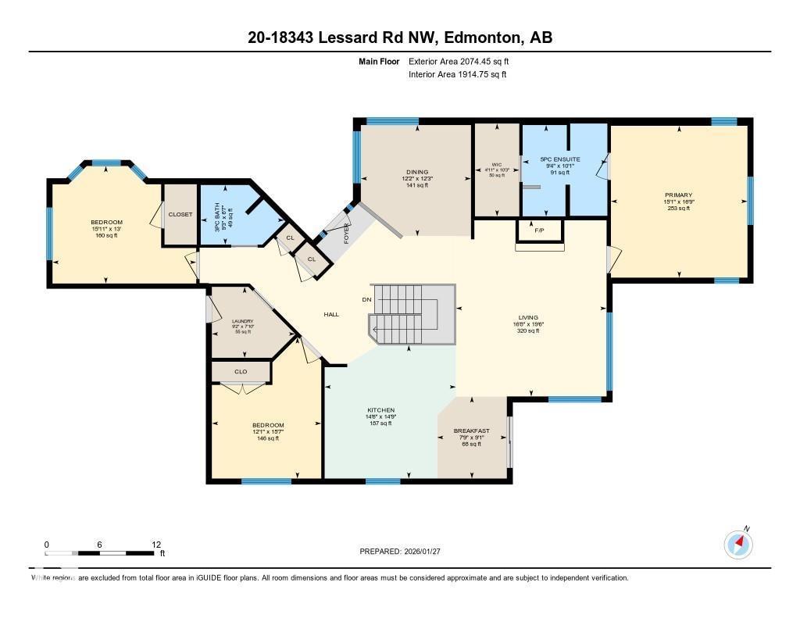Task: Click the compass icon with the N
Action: [x=738, y=544]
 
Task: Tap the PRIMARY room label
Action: [x=678, y=195]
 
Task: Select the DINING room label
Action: [x=417, y=172]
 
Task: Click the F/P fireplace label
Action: [x=539, y=231]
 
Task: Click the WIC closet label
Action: [x=497, y=164]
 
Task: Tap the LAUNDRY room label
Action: [x=242, y=320]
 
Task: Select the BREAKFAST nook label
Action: [x=472, y=430]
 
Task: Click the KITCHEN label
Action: [x=381, y=410]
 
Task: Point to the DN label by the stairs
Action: [x=366, y=299]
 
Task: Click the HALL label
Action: [x=331, y=314]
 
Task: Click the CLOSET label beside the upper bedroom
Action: [x=180, y=214]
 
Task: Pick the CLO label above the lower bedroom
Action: [x=241, y=371]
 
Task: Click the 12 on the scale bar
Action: [x=156, y=545]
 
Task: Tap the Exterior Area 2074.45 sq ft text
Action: [x=459, y=61]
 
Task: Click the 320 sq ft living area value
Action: [x=528, y=330]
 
